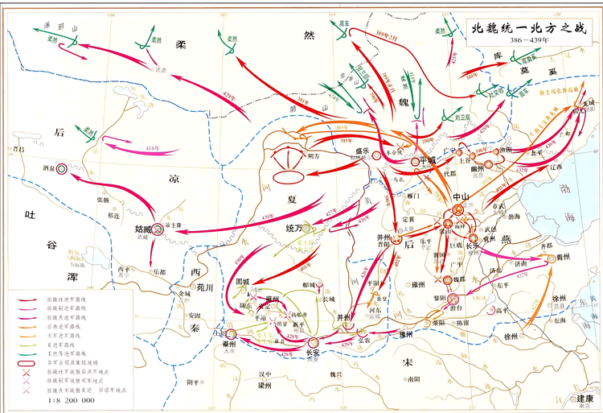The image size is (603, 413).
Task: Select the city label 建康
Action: pos(584,398)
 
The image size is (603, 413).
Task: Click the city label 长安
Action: pos(314,351)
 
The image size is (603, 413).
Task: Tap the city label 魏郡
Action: pos(462,279)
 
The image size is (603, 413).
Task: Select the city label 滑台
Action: pos(456,307)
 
